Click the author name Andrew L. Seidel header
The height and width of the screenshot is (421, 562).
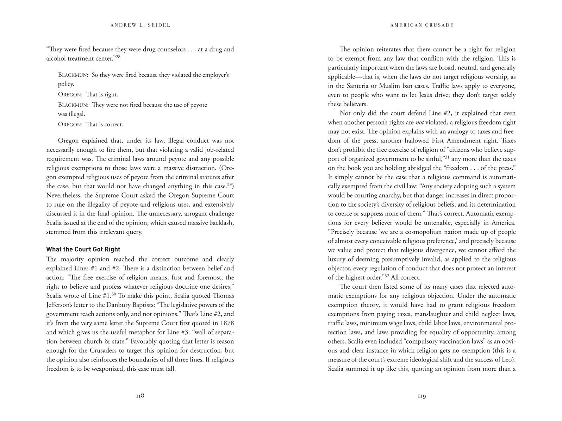(140, 25)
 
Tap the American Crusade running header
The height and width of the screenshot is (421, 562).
(422, 25)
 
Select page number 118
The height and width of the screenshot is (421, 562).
(140, 396)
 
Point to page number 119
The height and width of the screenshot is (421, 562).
(422, 396)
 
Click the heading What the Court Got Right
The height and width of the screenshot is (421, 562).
(83, 250)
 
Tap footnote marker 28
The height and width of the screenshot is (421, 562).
(118, 57)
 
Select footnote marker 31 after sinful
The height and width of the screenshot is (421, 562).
(447, 157)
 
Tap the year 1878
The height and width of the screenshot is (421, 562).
(227, 323)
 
